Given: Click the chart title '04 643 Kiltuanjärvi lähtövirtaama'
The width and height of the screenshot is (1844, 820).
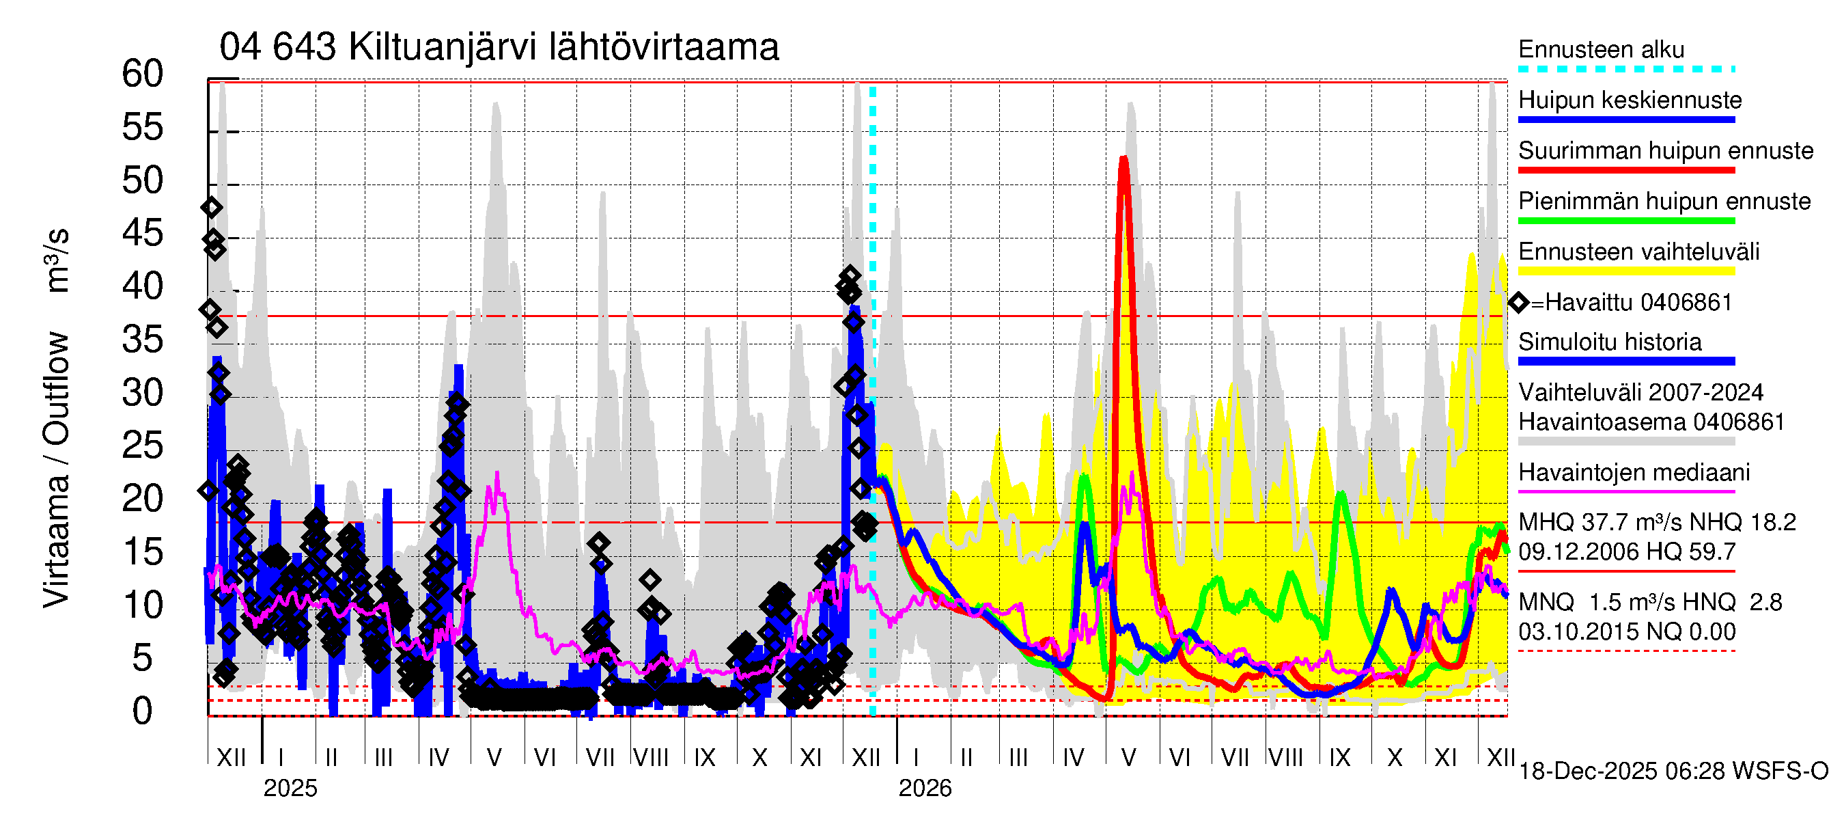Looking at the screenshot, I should [499, 48].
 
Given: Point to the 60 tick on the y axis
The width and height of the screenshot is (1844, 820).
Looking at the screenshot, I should [143, 74].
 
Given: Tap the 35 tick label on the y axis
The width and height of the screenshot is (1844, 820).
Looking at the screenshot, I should [143, 340].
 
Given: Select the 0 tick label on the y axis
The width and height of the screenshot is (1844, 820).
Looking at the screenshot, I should [143, 712].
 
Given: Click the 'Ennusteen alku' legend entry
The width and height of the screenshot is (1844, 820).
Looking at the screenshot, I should [1601, 50].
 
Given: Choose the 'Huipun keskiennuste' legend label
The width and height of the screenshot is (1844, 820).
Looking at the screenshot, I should [1630, 100].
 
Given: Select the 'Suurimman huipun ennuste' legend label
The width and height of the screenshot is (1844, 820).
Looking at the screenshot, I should [1665, 151].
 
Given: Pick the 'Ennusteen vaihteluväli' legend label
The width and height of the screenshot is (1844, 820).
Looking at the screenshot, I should [1638, 252].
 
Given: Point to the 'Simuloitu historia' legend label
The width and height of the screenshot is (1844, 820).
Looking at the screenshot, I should [1609, 342].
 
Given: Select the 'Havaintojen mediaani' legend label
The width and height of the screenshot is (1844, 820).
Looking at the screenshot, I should [1634, 474].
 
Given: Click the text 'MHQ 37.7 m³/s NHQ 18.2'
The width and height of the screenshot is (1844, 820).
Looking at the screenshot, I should [1656, 523].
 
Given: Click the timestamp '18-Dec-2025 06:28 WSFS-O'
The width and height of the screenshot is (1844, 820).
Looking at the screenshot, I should [1673, 771].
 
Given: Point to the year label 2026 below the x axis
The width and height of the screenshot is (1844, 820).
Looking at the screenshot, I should [925, 789].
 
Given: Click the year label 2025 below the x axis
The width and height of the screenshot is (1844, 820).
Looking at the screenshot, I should [290, 789].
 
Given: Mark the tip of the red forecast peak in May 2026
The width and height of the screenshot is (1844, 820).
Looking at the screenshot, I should [1124, 159].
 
